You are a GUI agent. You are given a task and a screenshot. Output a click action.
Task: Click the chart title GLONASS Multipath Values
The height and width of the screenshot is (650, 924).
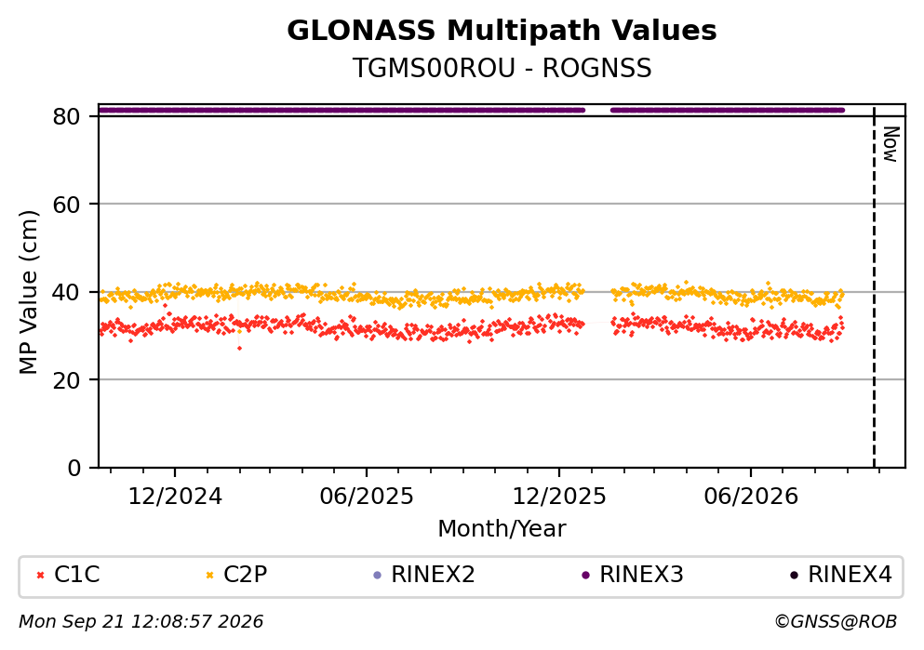(502, 31)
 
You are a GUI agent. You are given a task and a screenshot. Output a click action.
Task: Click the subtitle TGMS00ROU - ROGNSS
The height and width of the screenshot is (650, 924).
(502, 68)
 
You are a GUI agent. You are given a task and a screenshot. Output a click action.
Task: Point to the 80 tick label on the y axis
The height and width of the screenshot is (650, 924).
(66, 116)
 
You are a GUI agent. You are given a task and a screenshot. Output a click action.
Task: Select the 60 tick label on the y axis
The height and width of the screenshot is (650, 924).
(66, 205)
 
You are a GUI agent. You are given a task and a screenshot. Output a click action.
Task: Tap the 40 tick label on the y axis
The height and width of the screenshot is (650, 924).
(66, 292)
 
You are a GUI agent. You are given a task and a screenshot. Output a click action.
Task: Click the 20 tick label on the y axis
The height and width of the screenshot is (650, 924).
(66, 379)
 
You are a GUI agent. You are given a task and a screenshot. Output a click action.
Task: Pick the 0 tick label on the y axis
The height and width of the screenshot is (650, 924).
(74, 468)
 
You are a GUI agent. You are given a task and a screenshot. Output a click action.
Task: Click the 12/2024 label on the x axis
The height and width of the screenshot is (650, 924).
(175, 497)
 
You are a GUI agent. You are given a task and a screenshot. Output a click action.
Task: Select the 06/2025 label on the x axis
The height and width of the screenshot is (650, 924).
(367, 497)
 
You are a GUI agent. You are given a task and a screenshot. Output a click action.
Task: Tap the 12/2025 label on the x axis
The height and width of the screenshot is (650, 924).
(558, 497)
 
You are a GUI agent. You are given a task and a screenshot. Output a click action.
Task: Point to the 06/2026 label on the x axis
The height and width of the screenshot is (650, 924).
(750, 497)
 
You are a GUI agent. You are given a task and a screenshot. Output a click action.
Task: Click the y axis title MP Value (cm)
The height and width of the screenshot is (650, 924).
(28, 292)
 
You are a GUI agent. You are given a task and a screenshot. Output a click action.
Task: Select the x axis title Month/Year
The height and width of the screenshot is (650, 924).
(502, 529)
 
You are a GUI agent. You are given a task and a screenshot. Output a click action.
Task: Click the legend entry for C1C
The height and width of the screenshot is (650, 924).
(68, 574)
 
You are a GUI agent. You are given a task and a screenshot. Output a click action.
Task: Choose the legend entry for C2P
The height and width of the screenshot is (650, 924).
(236, 574)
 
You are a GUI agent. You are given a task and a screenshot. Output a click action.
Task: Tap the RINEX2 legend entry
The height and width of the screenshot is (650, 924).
(424, 574)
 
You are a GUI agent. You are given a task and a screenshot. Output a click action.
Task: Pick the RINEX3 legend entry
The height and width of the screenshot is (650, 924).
(633, 574)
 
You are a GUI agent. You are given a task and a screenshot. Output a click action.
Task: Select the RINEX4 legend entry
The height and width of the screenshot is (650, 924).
(841, 574)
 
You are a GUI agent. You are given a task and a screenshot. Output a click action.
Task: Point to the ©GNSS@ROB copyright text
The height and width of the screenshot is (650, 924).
(836, 622)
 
